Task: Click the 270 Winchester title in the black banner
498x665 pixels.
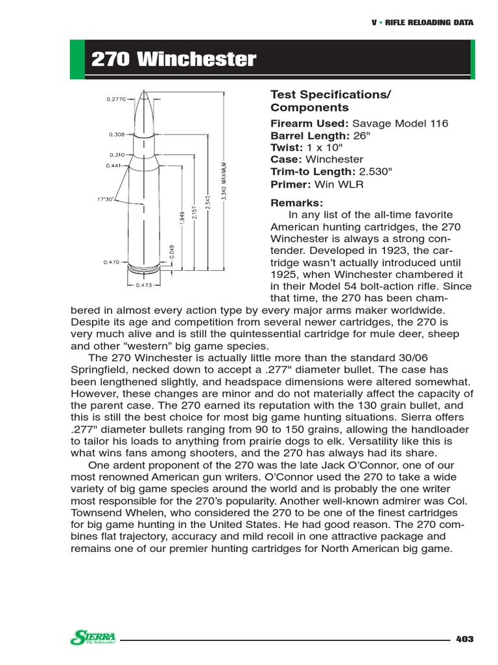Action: tap(173, 60)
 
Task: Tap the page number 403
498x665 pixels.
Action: tap(464, 639)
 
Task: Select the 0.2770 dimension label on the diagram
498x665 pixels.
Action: tap(116, 99)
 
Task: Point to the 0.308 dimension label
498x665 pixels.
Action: tap(117, 135)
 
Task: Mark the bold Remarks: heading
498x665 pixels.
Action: tap(296, 203)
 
